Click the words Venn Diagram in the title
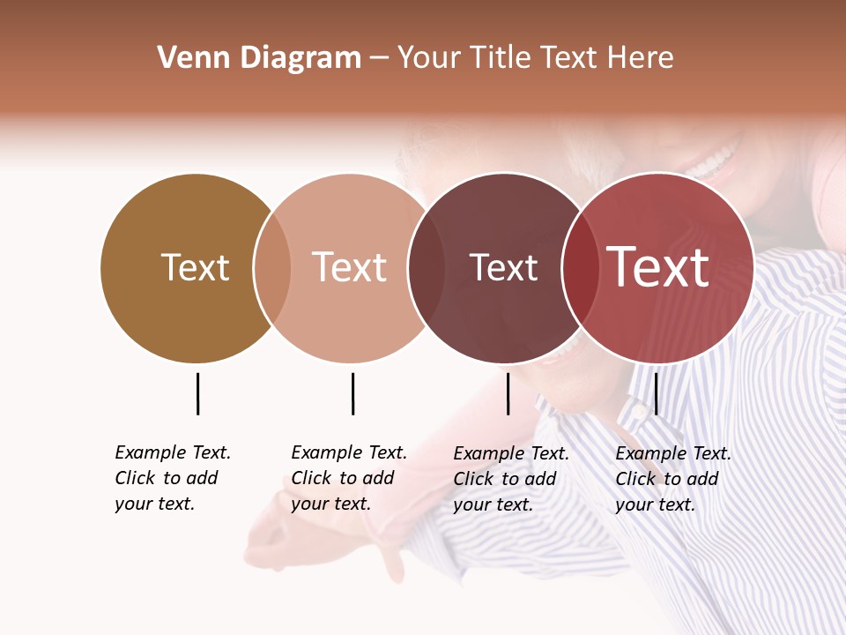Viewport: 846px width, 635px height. tap(259, 58)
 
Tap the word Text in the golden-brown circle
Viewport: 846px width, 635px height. tap(195, 268)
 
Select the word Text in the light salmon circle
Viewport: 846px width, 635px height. tap(350, 268)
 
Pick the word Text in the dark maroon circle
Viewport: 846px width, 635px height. tap(503, 268)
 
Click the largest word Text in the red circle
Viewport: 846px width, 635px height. tap(658, 268)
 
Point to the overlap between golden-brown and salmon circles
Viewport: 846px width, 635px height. tap(272, 268)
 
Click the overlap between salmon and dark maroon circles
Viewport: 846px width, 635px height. tap(427, 268)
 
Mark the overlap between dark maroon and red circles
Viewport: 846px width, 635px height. tap(580, 268)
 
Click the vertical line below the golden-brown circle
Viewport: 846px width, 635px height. tap(197, 393)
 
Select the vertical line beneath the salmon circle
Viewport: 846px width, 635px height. tap(352, 393)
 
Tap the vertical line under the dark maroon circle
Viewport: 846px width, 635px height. tap(508, 393)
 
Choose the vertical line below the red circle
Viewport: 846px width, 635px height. tap(656, 393)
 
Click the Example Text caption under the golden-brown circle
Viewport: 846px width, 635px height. tap(173, 478)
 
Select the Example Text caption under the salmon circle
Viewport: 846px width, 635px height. tap(349, 478)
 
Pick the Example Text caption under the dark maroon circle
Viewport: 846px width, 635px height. tap(511, 479)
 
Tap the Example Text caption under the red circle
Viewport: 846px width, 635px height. tap(673, 479)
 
